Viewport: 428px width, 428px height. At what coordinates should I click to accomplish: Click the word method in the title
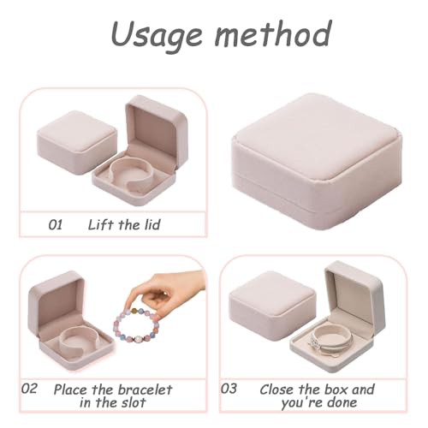pos(273,33)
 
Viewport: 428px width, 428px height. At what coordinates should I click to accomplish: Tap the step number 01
pos(56,224)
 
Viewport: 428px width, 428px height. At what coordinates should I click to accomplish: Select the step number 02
pos(29,389)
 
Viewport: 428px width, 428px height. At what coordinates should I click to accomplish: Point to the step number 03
pos(229,389)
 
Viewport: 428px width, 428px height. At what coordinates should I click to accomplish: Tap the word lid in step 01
pos(152,224)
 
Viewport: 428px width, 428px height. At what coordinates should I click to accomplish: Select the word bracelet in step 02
pos(145,389)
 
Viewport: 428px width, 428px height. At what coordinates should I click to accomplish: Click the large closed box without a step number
pos(317,160)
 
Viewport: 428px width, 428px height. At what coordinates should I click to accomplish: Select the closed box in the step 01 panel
pos(77,142)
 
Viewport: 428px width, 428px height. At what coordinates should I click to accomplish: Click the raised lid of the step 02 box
pos(56,302)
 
